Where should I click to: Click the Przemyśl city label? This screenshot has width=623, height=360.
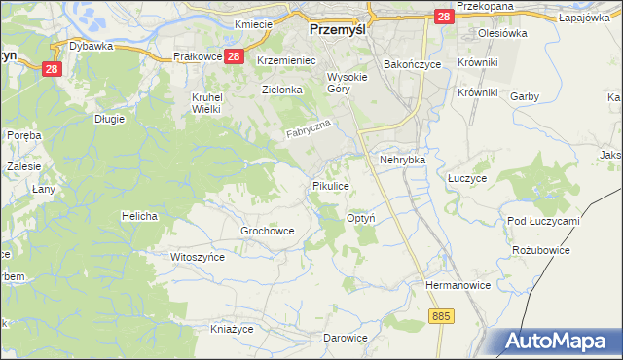click(336, 29)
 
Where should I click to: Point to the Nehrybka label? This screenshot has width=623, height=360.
click(403, 159)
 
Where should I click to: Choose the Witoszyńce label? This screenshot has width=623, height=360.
click(198, 257)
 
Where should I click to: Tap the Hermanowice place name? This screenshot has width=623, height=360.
click(455, 286)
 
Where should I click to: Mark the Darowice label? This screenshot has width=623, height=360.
click(346, 339)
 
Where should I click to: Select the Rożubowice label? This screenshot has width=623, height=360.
click(538, 250)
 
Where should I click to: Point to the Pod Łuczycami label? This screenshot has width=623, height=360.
click(543, 221)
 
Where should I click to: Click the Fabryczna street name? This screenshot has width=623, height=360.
click(309, 130)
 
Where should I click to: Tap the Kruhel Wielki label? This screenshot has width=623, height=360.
click(206, 103)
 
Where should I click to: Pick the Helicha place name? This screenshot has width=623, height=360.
click(139, 215)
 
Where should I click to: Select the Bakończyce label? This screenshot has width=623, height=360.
click(413, 63)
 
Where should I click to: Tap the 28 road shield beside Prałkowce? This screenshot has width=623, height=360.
click(233, 57)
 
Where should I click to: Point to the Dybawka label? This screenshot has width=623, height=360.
click(92, 46)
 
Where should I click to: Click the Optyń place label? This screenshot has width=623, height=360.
click(361, 219)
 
